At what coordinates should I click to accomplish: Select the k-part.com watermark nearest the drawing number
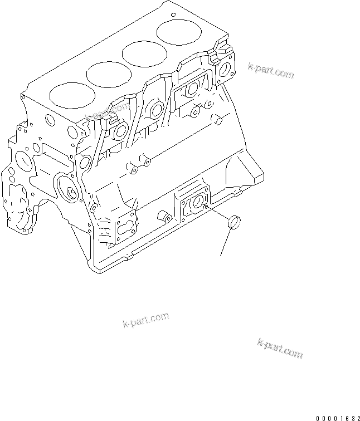tap(280, 347)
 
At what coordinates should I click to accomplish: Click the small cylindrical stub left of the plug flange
tap(164, 216)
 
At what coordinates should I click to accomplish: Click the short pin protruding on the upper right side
tap(218, 121)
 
